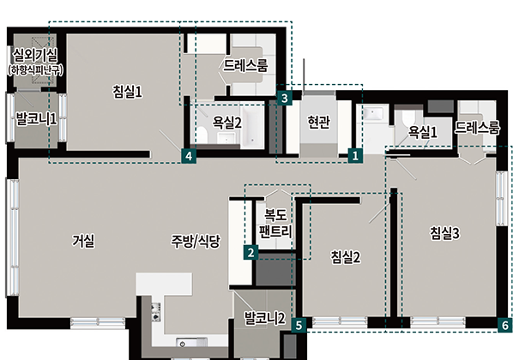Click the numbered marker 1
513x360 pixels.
355,155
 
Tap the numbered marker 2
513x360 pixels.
251,253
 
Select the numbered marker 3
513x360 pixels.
284,98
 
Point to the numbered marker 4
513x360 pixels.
189,156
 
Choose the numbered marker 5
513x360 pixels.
299,326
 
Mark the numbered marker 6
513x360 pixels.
504,326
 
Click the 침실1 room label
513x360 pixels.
127,92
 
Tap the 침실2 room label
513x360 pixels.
346,256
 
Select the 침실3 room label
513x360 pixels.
445,233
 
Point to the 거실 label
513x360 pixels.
83,242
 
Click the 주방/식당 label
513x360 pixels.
196,242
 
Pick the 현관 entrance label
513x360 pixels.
318,122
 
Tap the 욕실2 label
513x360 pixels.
227,123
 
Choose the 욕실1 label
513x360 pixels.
423,132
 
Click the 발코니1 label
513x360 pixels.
36,118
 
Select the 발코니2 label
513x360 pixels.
265,318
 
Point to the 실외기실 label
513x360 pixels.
35,56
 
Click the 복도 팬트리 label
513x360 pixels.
275,223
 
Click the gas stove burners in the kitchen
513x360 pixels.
156,312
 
